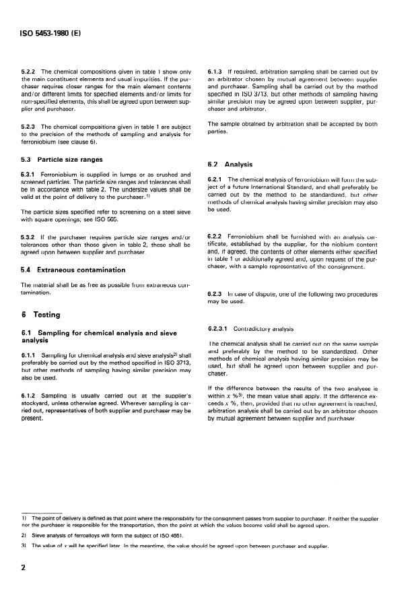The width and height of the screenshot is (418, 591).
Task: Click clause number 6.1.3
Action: point(218,71)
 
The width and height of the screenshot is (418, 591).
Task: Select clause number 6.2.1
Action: point(218,179)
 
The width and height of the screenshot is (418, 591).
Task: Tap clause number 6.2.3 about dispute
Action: point(218,294)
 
